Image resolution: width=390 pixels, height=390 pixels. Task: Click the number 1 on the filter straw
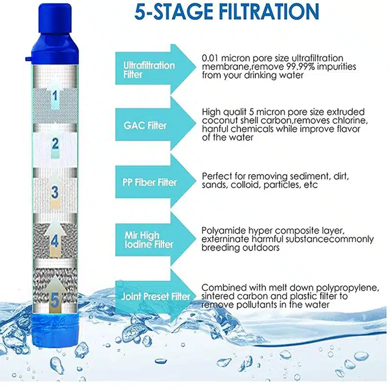pos(55,96)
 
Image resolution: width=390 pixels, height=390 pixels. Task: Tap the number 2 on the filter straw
pos(55,144)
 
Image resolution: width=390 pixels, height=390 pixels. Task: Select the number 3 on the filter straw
pos(55,192)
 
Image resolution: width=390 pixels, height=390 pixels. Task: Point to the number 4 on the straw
pos(55,241)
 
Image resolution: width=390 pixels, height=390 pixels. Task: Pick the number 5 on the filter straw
pos(55,300)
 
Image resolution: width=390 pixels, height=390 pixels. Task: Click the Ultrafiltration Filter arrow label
pos(149,70)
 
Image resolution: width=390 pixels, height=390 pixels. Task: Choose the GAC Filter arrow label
pos(145,126)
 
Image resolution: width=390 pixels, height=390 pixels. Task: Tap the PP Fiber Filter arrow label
pos(150,182)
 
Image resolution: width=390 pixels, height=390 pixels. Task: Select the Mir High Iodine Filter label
pos(149,240)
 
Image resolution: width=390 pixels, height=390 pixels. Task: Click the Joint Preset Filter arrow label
pos(156,296)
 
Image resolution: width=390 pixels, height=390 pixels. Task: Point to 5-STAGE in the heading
pos(174,11)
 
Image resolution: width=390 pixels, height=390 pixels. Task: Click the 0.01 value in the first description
pos(210,58)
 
